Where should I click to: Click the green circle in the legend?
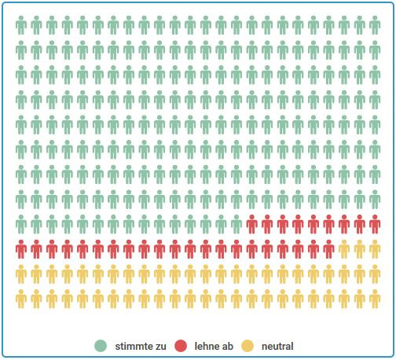(x=100, y=346)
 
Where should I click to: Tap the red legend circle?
(x=180, y=346)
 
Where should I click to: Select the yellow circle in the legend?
(x=247, y=346)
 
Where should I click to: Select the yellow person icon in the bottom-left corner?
(x=22, y=299)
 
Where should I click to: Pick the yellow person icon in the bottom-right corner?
(x=375, y=299)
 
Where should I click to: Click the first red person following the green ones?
(x=252, y=225)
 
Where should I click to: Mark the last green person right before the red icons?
(x=236, y=225)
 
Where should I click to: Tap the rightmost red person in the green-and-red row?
(x=375, y=225)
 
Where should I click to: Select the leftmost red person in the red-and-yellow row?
(x=22, y=250)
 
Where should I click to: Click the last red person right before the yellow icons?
(x=328, y=250)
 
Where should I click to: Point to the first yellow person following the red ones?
(x=344, y=250)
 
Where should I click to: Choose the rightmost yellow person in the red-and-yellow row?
(x=375, y=250)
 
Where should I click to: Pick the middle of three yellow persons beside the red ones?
(x=359, y=250)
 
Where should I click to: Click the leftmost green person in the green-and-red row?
(x=22, y=225)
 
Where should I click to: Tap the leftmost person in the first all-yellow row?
(x=22, y=274)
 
